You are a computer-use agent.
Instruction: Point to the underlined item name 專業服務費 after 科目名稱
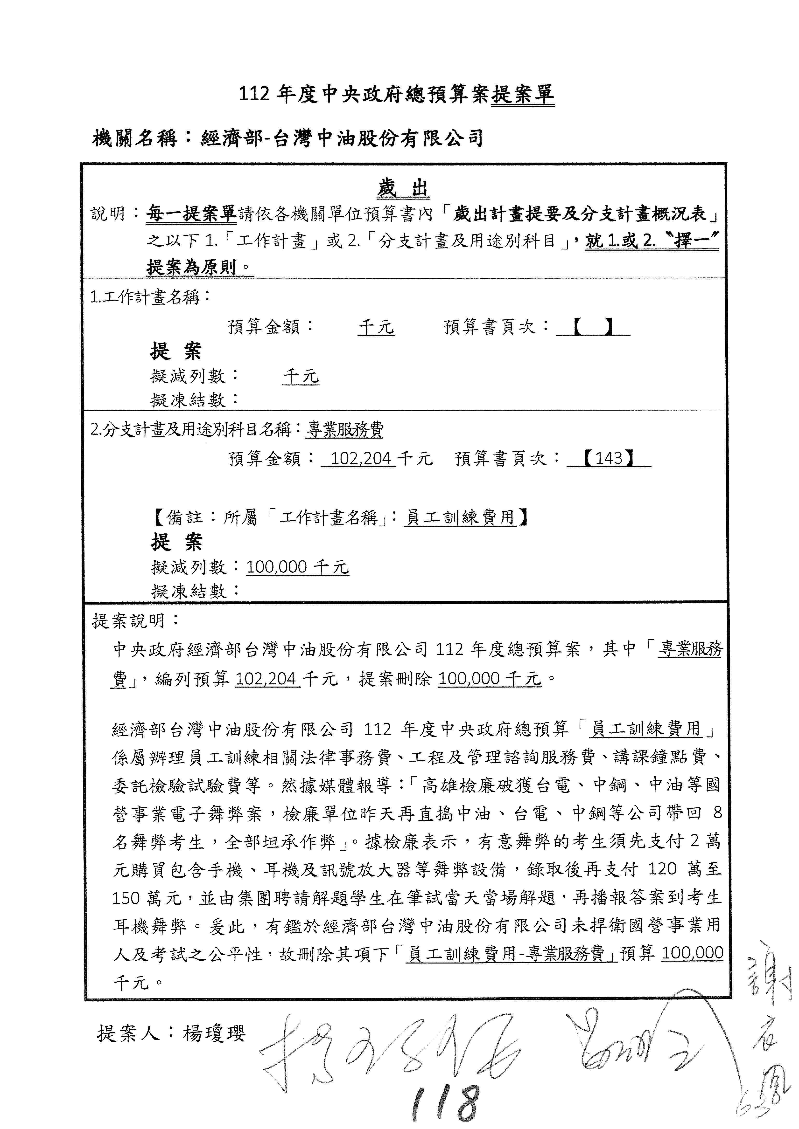[344, 430]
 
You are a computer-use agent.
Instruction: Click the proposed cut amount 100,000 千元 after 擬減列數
[297, 567]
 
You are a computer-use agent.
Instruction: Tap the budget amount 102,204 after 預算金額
[361, 459]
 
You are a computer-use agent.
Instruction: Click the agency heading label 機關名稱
[134, 139]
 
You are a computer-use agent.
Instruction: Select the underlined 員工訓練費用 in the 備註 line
[460, 517]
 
